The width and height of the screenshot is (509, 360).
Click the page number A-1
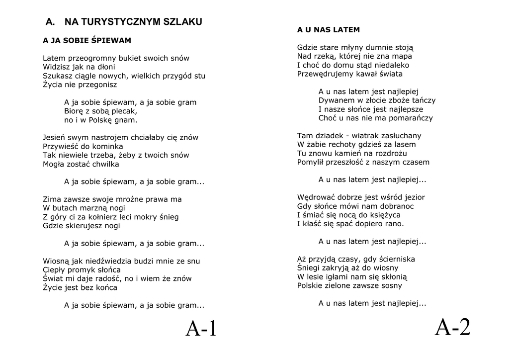click(201, 329)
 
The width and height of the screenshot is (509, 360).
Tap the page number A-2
click(452, 327)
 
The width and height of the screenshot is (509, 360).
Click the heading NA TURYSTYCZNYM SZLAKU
click(133, 22)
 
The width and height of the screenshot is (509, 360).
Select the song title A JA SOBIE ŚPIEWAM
click(87, 40)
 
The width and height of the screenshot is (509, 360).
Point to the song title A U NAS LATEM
click(328, 30)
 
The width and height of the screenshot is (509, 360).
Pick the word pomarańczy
click(411, 118)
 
